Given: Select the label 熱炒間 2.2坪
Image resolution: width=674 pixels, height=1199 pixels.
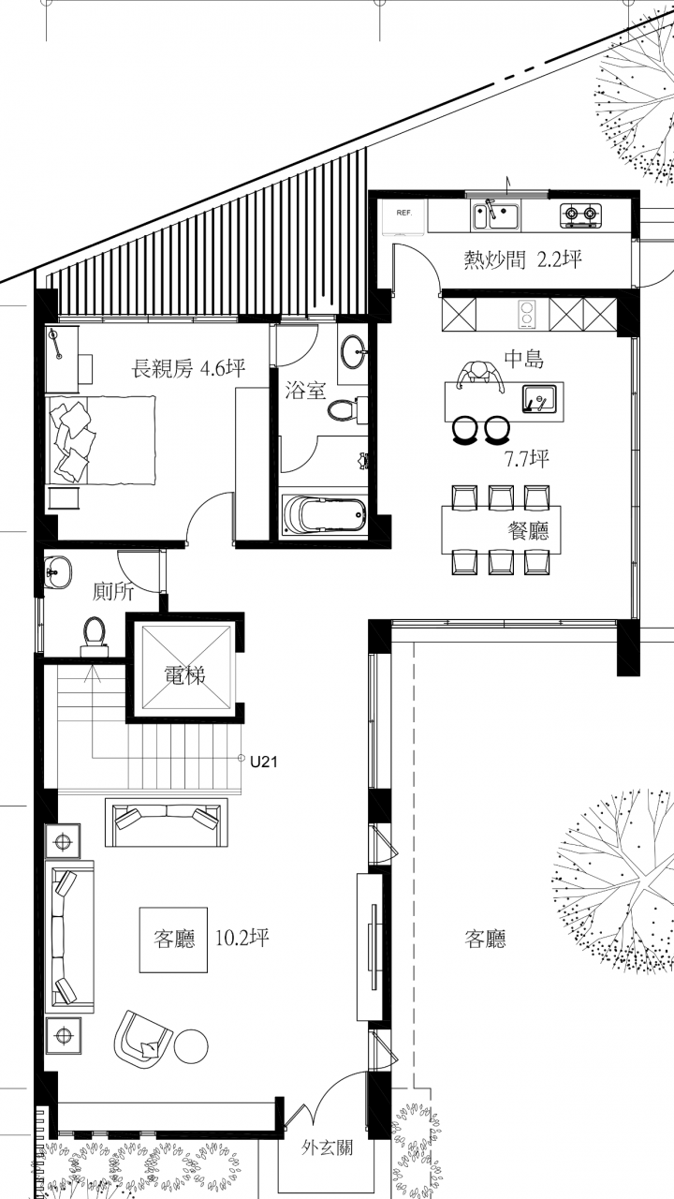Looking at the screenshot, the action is (x=522, y=260).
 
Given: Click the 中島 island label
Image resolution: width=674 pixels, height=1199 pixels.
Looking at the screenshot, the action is (x=524, y=359).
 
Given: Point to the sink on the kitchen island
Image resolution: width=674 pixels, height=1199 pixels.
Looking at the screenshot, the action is (x=540, y=398).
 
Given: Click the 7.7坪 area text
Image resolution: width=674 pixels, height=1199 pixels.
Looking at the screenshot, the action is (x=528, y=459).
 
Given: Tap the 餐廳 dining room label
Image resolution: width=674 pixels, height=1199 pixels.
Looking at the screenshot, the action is (x=529, y=530).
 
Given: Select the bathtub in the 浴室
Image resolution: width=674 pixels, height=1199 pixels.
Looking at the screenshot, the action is (x=324, y=514).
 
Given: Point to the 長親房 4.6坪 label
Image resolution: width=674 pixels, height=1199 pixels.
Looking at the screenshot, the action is (x=189, y=369).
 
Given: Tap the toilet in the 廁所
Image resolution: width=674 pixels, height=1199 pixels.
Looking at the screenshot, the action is (x=95, y=636).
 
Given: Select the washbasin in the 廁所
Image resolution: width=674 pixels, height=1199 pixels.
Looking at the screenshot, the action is (x=57, y=572).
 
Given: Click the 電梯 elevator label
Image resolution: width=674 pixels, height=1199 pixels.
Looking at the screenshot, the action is (x=184, y=675).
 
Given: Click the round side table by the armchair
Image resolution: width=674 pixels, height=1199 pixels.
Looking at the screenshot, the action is (x=191, y=1045).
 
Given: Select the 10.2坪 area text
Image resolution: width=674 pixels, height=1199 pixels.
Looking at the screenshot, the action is (x=242, y=938).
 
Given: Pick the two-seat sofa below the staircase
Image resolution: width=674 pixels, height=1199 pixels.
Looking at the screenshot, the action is (x=167, y=822).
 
